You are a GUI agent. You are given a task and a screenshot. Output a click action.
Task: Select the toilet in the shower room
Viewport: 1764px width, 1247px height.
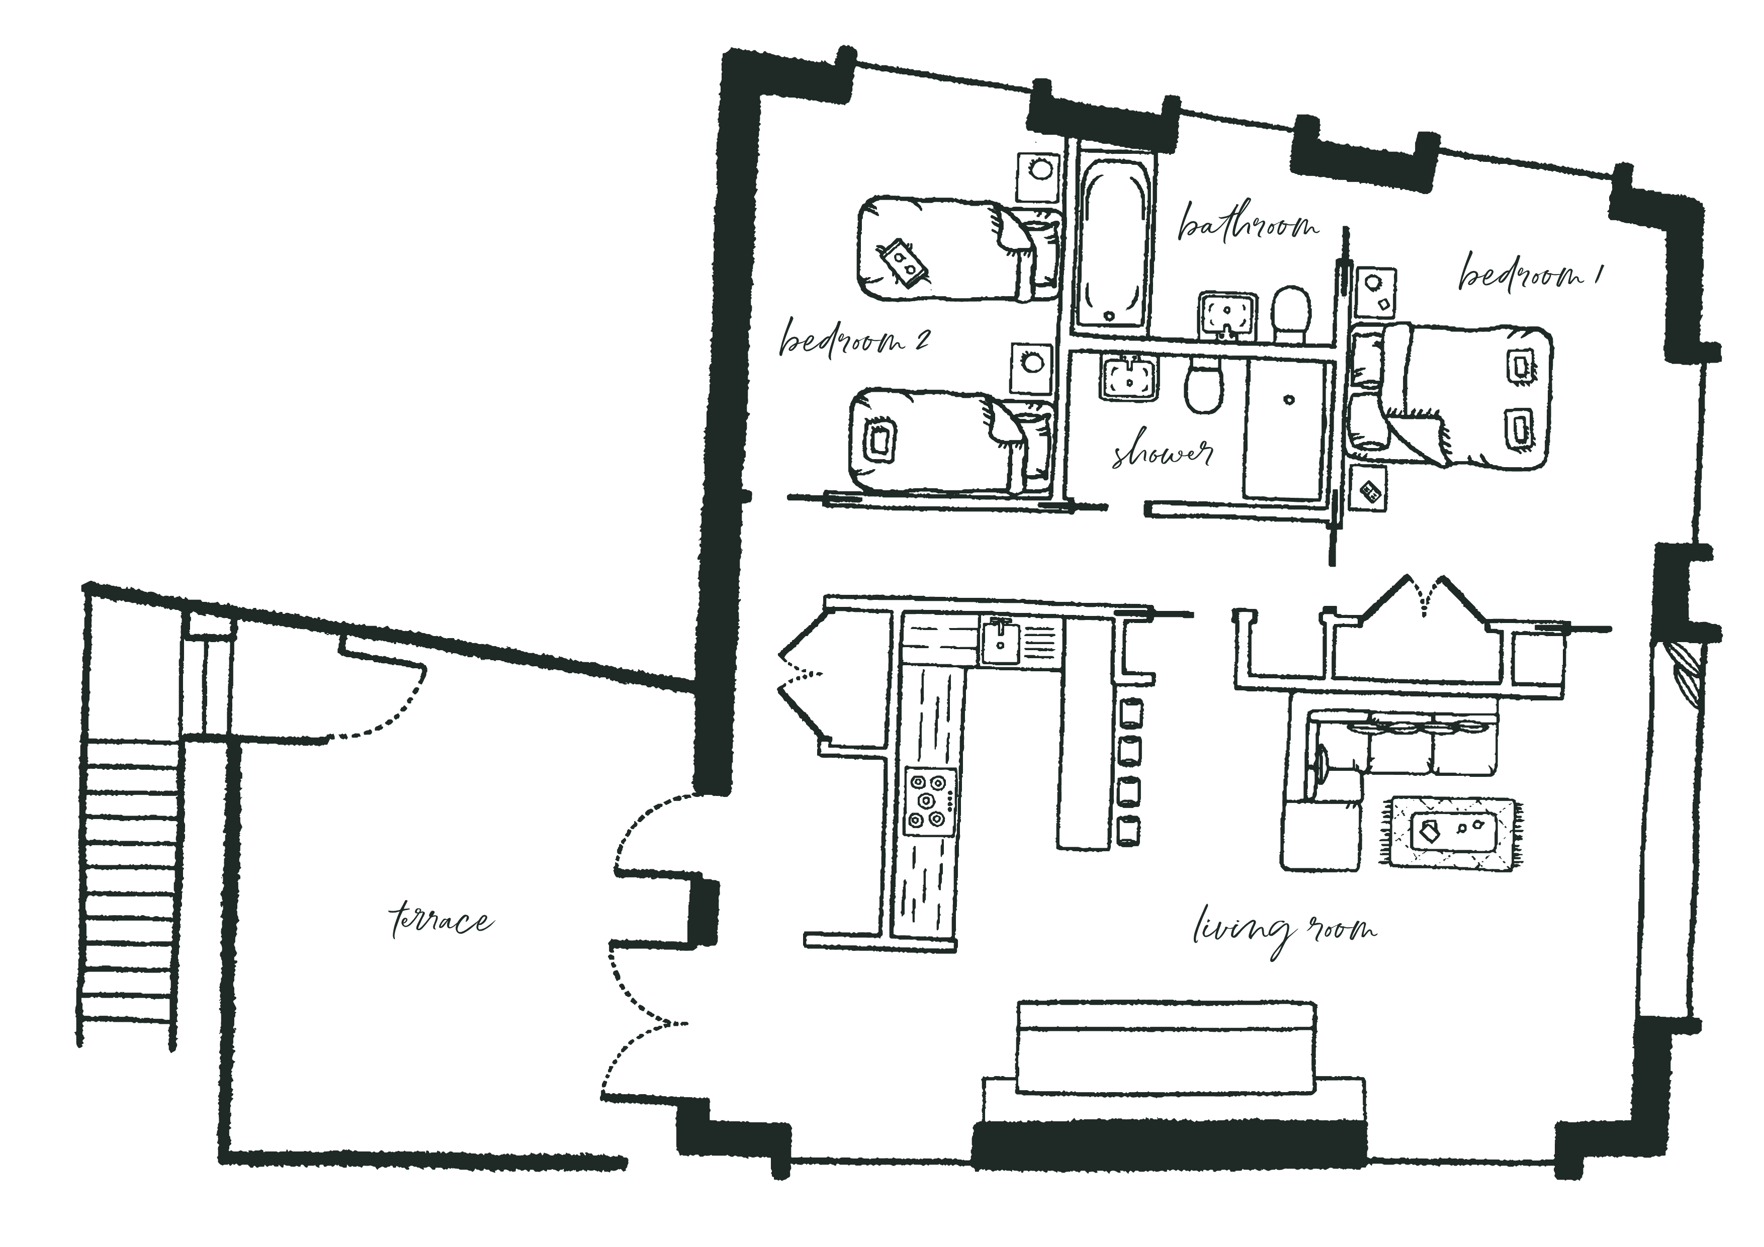1202,383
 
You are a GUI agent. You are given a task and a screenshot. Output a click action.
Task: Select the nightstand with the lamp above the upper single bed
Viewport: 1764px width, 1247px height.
1038,176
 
